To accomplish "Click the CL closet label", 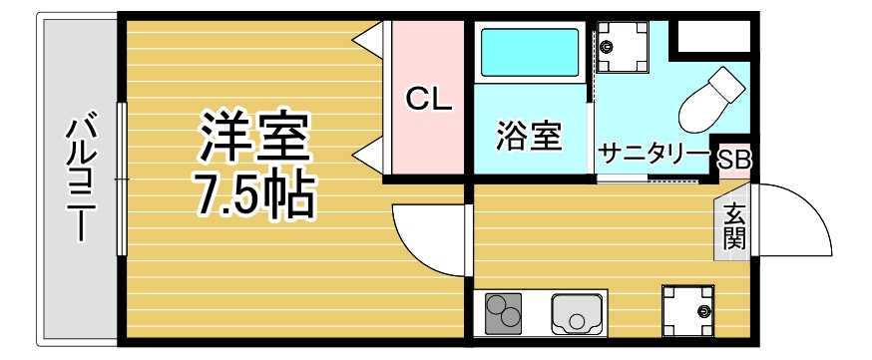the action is pos(429,99).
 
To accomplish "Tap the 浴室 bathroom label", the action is pos(529,136).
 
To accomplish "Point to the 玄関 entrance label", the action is pos(734,226).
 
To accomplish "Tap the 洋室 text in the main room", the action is pos(255,138).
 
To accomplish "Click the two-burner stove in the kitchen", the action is pos(506,314).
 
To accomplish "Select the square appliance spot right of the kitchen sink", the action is pos(688,311).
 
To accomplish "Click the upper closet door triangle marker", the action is pos(371,39).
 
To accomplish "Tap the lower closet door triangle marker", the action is pos(371,156).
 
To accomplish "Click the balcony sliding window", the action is pos(122,179).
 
